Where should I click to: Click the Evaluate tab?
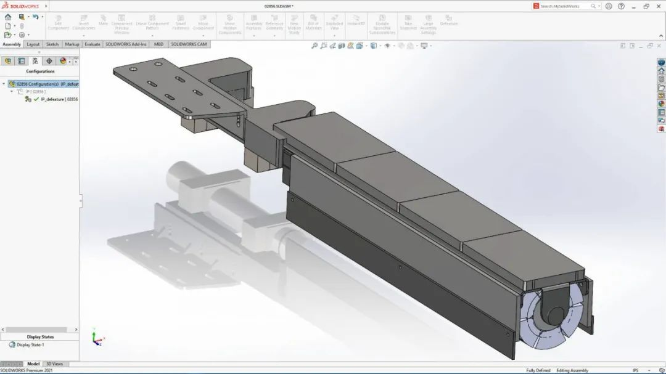pyautogui.click(x=92, y=44)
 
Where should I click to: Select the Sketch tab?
pyautogui.click(x=52, y=44)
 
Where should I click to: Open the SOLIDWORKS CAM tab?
pyautogui.click(x=189, y=44)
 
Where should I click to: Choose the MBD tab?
pyautogui.click(x=158, y=44)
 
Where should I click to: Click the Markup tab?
pyautogui.click(x=72, y=44)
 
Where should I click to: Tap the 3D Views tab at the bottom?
pyautogui.click(x=54, y=364)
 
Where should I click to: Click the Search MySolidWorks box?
pyautogui.click(x=564, y=6)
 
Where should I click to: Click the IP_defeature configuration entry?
pyautogui.click(x=59, y=99)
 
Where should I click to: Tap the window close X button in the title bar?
pyautogui.click(x=659, y=6)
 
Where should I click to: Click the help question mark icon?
pyautogui.click(x=620, y=6)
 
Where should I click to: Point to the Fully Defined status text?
pyautogui.click(x=538, y=370)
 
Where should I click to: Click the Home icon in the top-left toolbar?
pyautogui.click(x=7, y=17)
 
